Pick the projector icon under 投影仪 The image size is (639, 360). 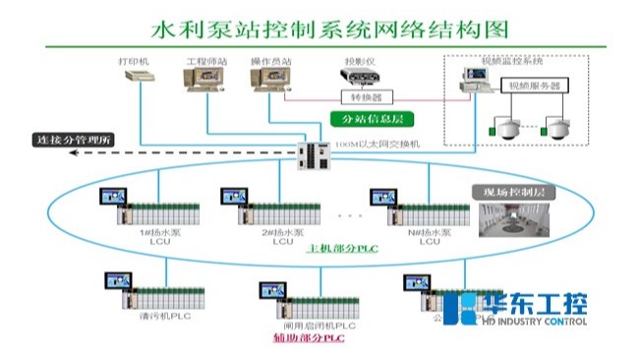[x=356, y=78]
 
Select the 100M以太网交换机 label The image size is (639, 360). [x=378, y=144]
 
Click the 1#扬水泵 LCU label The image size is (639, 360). [x=144, y=237]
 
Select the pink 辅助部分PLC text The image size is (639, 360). [x=309, y=338]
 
